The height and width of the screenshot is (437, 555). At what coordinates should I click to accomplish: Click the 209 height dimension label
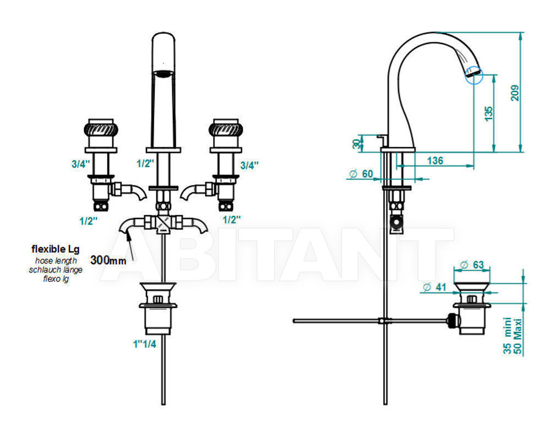point(515,92)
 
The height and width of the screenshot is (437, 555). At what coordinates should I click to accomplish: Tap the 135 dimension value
point(488,113)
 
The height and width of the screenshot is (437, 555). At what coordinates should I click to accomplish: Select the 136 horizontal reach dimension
point(435,161)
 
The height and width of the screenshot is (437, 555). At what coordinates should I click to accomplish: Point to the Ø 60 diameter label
point(361,174)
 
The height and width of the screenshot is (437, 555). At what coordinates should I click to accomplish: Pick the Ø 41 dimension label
point(434,287)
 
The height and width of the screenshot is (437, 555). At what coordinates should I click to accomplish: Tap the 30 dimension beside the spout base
point(357,143)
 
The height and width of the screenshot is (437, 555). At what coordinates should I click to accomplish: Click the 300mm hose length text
point(108,260)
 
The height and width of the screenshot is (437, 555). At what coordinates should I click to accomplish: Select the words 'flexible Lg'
point(56,249)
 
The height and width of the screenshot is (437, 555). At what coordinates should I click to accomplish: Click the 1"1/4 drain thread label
point(144,344)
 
